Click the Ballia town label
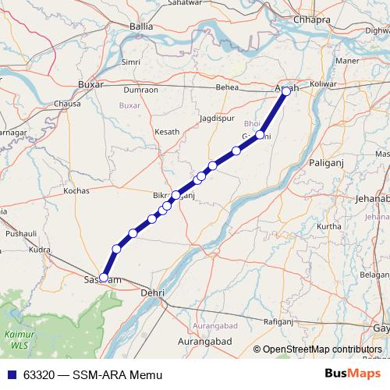(x=141, y=26)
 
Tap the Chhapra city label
(x=309, y=19)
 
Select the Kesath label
(x=167, y=132)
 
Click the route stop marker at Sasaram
(x=104, y=277)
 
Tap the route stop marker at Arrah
(x=286, y=91)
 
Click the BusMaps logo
(x=352, y=374)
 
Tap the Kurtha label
(x=330, y=226)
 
